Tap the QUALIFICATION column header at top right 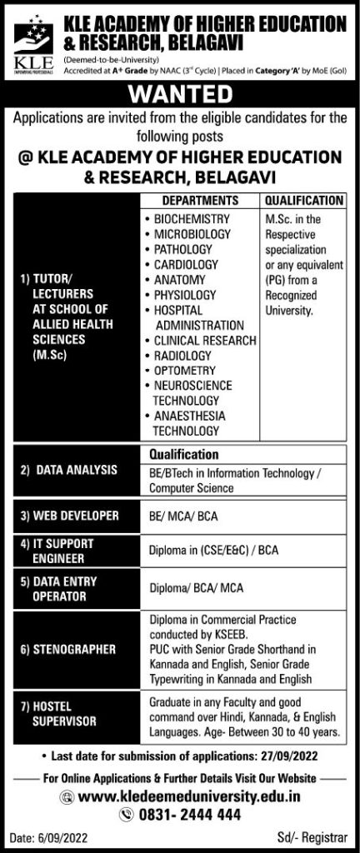pyautogui.click(x=303, y=201)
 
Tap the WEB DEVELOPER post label pyautogui.click(x=72, y=516)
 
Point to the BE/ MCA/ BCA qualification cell pyautogui.click(x=183, y=516)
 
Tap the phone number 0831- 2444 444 pyautogui.click(x=192, y=816)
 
